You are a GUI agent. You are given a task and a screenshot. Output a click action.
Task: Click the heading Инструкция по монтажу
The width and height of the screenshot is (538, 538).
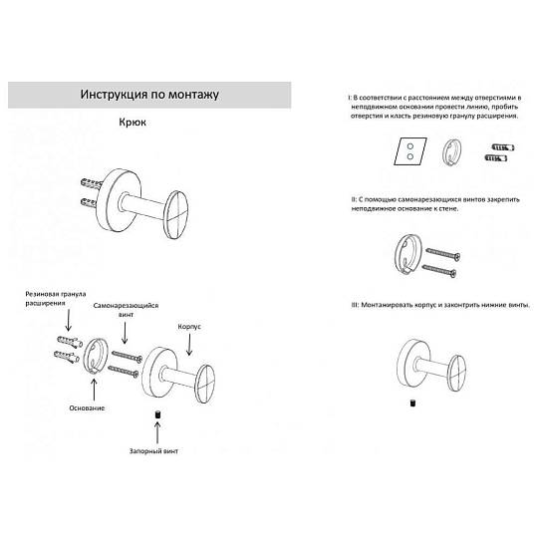149,94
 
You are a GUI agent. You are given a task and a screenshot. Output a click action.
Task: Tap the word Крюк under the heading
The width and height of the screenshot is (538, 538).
133,123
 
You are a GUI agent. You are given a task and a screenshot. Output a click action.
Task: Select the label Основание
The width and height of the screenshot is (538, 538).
87,407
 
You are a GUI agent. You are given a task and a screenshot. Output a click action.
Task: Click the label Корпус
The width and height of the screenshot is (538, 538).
189,327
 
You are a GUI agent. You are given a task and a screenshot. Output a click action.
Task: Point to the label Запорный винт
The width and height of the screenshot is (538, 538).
153,451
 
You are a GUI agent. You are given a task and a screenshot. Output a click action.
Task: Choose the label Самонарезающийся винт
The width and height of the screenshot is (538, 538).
126,310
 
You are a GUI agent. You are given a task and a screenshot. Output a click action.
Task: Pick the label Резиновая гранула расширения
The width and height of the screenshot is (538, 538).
56,299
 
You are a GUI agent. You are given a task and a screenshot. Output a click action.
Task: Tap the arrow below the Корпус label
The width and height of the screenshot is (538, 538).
189,344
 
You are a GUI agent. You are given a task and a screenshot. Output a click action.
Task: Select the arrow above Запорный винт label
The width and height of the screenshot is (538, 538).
157,432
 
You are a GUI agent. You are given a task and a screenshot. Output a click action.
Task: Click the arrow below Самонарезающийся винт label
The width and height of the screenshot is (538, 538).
125,333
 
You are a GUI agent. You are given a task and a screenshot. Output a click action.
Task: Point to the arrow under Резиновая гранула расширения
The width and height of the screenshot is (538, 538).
69,320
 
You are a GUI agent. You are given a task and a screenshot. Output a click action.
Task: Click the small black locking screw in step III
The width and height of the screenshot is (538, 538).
412,403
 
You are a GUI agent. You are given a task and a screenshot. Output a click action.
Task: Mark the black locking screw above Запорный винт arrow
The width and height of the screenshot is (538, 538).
157,414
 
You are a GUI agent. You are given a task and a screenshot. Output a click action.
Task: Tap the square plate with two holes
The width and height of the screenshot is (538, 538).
410,151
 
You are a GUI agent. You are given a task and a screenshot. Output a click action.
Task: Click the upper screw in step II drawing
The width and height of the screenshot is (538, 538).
443,254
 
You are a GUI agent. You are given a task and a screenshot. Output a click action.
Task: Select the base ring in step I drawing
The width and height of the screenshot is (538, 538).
451,153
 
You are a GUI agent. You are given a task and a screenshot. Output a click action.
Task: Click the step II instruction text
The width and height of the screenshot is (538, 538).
435,204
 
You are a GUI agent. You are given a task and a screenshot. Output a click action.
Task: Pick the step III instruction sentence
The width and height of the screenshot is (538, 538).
440,305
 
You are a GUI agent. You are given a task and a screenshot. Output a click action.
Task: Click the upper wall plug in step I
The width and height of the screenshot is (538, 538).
503,147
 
